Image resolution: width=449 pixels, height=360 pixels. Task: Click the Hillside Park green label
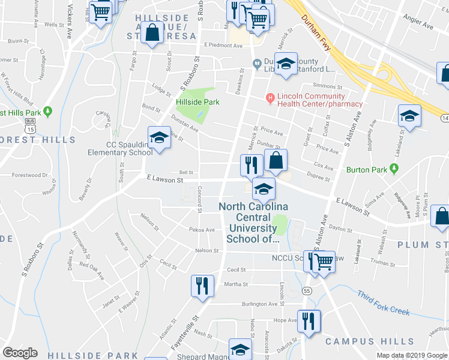pos(197,102)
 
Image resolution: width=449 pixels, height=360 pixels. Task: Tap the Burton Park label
pos(366,170)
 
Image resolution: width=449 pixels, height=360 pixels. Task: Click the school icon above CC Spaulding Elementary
pos(160,137)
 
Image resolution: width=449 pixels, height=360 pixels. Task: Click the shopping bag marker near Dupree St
pos(276,161)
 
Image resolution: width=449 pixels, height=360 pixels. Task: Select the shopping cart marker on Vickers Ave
pos(100,11)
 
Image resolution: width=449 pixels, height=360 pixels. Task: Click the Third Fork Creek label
pos(383,303)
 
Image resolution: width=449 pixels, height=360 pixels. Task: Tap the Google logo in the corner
pos(20,353)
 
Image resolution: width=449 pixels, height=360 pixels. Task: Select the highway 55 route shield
pos(307,290)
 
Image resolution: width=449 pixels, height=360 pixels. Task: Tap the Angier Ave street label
pos(419,27)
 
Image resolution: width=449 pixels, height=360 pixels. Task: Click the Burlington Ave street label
pos(260,304)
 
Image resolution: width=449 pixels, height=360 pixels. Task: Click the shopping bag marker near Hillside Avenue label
pos(152,34)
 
